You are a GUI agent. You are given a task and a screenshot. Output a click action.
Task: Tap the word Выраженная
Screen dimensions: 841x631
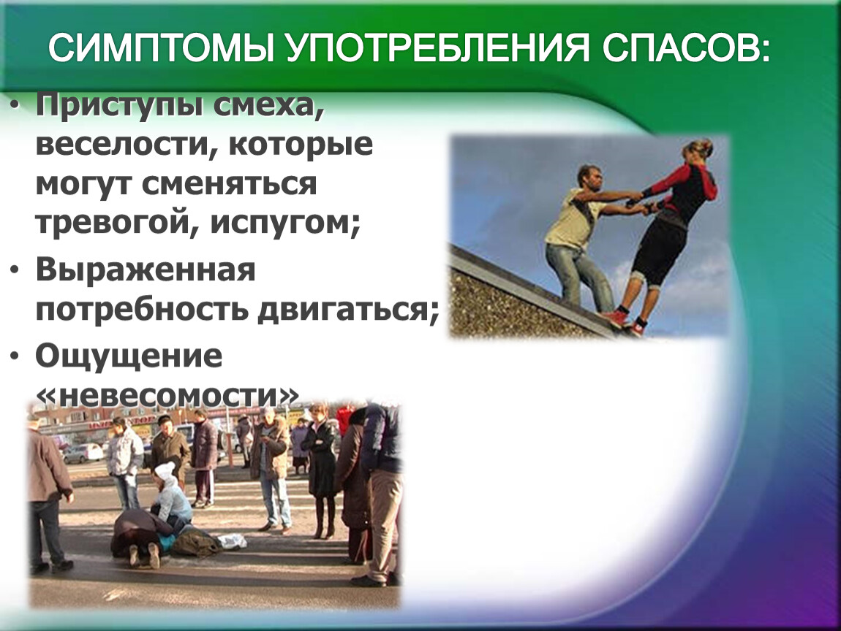146,270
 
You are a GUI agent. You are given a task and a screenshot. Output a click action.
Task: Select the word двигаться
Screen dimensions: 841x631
347,310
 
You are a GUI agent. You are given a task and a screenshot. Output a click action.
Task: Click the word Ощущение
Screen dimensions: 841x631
129,356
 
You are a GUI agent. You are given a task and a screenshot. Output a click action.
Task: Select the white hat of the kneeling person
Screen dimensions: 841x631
164,471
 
